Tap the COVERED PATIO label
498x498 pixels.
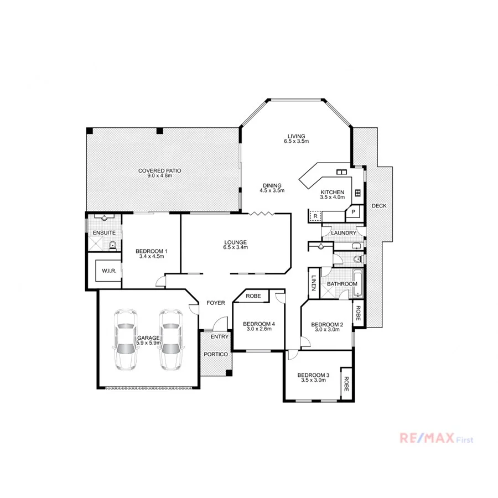tap(160, 171)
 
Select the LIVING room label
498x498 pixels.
tap(296, 137)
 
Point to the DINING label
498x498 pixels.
tap(272, 185)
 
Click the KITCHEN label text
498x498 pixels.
tap(333, 192)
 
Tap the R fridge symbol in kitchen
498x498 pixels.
tap(315, 216)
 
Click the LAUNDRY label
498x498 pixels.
tap(344, 233)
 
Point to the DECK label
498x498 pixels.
tap(379, 206)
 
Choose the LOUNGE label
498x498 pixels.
tap(235, 242)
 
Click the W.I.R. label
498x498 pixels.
tap(107, 271)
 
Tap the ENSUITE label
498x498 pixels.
tap(103, 232)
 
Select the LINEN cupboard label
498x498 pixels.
tap(313, 283)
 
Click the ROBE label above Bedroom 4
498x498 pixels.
tap(253, 297)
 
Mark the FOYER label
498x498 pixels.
tap(215, 303)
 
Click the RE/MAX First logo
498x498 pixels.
tap(437, 439)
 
